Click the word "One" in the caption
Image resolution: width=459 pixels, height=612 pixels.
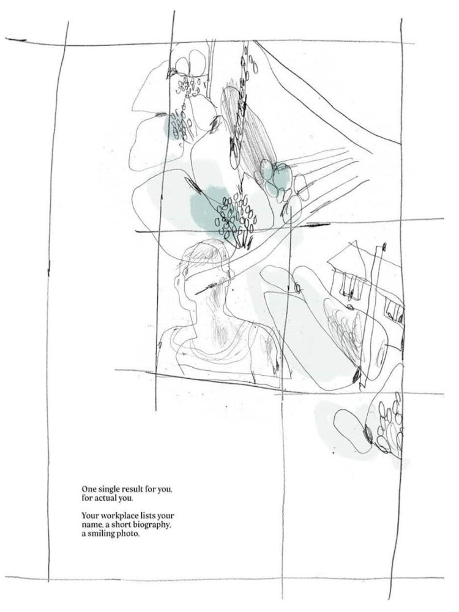[x=88, y=489]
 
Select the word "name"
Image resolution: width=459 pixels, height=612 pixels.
[x=90, y=526]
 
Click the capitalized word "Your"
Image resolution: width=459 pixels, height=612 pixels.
[x=89, y=516]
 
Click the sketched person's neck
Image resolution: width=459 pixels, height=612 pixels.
[x=213, y=312]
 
